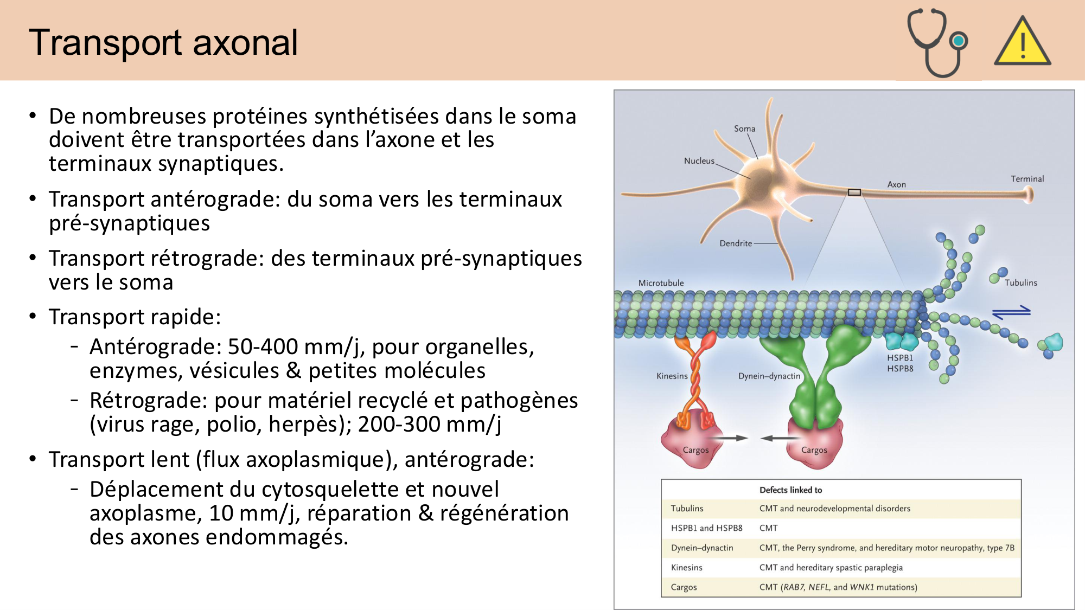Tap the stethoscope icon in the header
(x=937, y=42)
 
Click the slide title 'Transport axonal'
(x=163, y=42)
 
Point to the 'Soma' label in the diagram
(x=744, y=129)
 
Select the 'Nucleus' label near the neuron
(x=699, y=160)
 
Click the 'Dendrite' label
(x=736, y=243)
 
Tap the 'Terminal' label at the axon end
(x=1027, y=179)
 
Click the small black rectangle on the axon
(x=854, y=192)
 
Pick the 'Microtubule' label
(x=661, y=283)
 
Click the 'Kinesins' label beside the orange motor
(x=672, y=376)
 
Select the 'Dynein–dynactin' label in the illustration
(x=769, y=376)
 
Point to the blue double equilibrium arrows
(x=1011, y=312)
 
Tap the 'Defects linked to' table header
(x=790, y=490)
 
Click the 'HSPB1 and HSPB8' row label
(x=706, y=528)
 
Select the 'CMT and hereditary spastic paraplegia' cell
(x=831, y=568)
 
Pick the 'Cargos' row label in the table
(x=684, y=587)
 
